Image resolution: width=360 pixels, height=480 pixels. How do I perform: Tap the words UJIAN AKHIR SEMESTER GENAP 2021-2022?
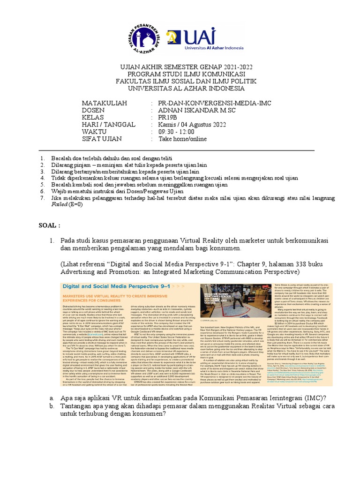coord(180,67)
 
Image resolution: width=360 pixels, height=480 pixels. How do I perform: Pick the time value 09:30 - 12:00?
coord(179,132)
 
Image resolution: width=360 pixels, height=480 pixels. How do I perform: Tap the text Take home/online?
coord(182,139)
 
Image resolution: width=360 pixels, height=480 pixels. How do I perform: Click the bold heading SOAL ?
coord(49,225)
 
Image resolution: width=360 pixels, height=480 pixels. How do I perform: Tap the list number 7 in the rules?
coord(42,198)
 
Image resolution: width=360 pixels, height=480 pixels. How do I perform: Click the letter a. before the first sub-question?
coord(52,397)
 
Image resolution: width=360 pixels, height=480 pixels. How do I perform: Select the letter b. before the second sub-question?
coord(52,405)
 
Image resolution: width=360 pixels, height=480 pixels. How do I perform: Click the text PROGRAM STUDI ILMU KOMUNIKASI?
coord(180,74)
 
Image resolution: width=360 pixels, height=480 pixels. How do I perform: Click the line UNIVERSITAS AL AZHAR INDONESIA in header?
coord(180,88)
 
